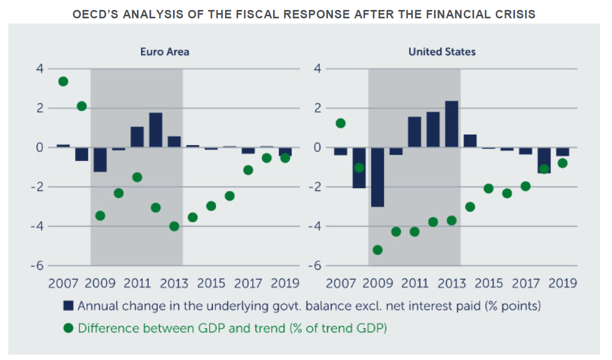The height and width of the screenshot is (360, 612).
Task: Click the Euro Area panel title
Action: (164, 52)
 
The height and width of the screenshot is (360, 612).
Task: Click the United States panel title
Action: (442, 52)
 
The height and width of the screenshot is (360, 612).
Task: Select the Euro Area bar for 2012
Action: (155, 130)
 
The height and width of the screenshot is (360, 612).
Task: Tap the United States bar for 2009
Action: (378, 177)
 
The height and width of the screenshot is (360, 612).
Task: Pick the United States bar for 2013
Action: (452, 124)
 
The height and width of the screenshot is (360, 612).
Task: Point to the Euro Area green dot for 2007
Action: (63, 81)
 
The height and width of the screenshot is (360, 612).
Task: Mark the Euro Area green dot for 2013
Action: (174, 226)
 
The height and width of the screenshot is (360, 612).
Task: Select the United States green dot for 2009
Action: (378, 250)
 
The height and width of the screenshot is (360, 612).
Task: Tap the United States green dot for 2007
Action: (340, 123)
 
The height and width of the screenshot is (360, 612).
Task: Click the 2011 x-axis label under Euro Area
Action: (137, 283)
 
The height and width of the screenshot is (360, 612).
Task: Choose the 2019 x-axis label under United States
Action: (562, 283)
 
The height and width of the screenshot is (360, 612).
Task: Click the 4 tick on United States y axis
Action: (316, 69)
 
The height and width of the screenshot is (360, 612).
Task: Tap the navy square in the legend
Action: (68, 306)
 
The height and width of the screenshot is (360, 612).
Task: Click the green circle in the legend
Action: (68, 329)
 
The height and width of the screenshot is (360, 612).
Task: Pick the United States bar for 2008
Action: (359, 168)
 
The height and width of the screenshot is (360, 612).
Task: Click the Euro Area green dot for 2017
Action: (248, 170)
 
